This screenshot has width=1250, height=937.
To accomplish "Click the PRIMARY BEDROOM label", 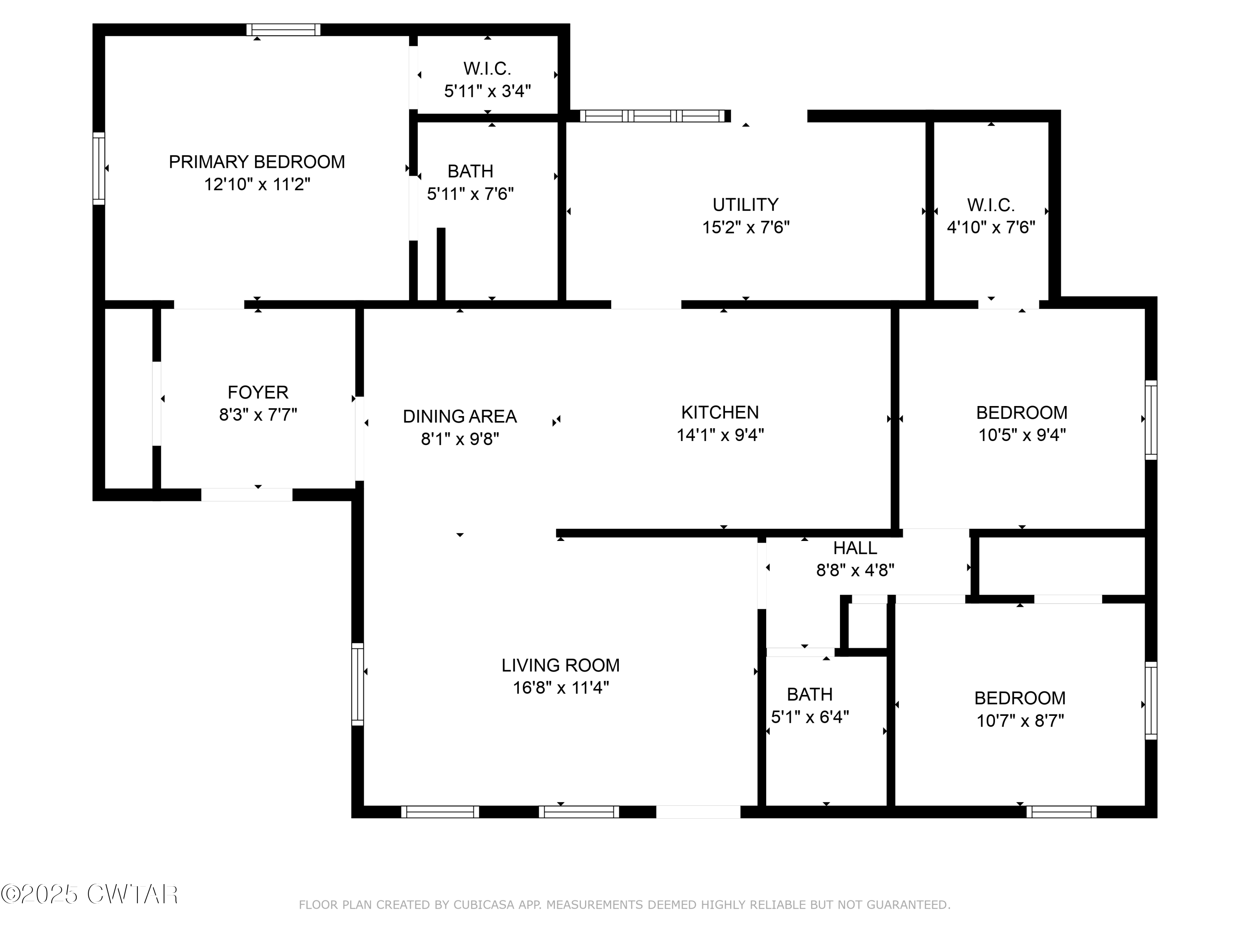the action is click(257, 162).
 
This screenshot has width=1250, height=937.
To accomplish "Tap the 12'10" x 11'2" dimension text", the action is click(257, 184).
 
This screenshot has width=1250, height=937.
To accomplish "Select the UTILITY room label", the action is click(745, 204).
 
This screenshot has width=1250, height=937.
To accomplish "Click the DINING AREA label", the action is click(460, 416).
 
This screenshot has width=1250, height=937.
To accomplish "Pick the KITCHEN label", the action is click(720, 412).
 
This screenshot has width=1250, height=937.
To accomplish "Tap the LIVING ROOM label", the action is click(560, 665).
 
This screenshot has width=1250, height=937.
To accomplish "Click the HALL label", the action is click(855, 548).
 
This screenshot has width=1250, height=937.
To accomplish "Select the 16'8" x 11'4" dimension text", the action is click(560, 688).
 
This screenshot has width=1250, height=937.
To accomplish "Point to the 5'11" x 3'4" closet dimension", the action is click(487, 91).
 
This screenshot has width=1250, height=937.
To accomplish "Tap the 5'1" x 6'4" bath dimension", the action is click(810, 717).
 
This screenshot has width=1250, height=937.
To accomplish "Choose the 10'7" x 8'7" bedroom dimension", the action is click(1020, 721).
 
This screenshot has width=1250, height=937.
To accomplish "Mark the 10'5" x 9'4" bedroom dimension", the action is click(1022, 435).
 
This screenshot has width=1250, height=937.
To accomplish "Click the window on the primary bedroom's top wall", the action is click(283, 30).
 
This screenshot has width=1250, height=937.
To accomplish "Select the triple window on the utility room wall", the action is click(652, 116).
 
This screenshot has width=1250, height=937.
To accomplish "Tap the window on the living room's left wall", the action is click(357, 684).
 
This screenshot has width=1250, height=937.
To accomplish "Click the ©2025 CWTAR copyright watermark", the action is click(89, 894).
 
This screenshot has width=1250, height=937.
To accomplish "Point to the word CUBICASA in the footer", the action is click(484, 905).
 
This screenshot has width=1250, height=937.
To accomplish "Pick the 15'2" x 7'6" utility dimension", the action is click(745, 227).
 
